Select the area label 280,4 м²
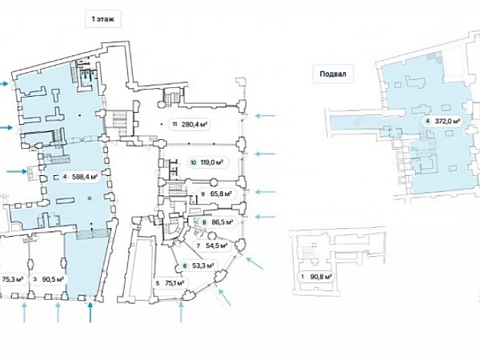point(194,124)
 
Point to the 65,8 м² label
point(221,194)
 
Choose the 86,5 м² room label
point(221,222)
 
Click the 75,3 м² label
point(10,280)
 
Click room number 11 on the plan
point(174,124)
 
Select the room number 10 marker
point(193,162)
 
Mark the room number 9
point(204,194)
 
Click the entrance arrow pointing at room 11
point(264,117)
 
